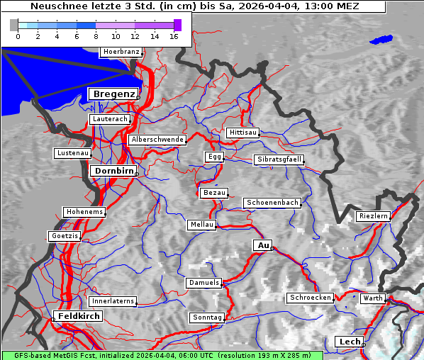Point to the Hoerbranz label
[x=121, y=52]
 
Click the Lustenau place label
[x=73, y=153]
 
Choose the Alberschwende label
[x=157, y=140]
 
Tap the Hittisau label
[x=243, y=133]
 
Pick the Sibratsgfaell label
[x=279, y=159]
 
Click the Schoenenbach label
[x=272, y=203]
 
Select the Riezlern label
[x=374, y=215]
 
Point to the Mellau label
[x=201, y=225]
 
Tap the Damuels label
[x=204, y=283]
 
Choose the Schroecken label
[x=311, y=298]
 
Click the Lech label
[x=350, y=342]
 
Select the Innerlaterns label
[x=113, y=301]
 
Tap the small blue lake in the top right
[x=381, y=40]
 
